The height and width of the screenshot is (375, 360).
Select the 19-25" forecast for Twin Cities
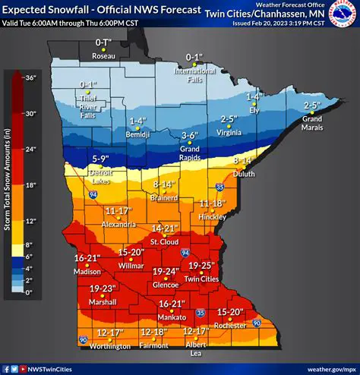[x=204, y=265]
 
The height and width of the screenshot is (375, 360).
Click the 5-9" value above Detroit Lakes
[x=102, y=159]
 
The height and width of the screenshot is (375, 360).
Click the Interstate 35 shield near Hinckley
[x=220, y=185]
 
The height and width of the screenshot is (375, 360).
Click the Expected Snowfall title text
[x=99, y=10]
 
